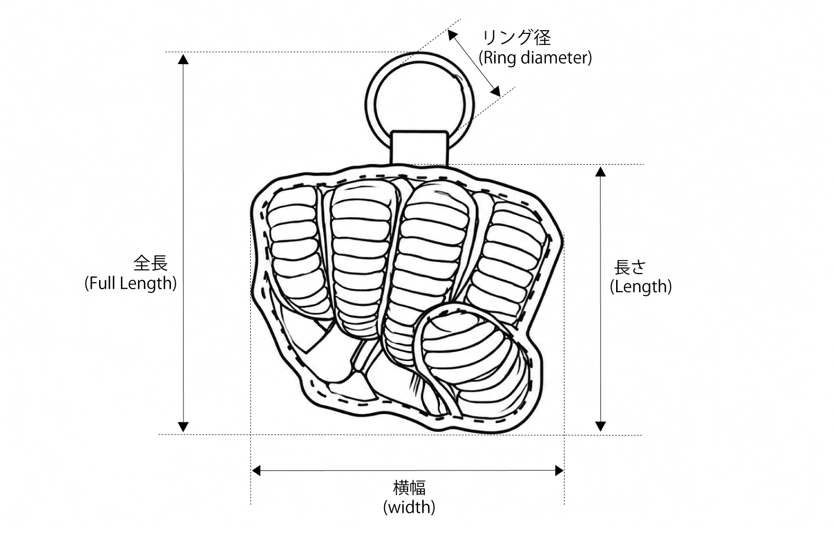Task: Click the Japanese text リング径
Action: click(517, 38)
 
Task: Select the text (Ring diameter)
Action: click(535, 58)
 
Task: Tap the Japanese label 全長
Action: click(151, 263)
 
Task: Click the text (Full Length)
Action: click(131, 283)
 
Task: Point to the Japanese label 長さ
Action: click(630, 267)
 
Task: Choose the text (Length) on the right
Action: click(641, 287)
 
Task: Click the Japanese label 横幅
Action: click(409, 487)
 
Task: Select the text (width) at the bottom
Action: click(409, 507)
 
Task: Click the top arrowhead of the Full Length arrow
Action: click(183, 59)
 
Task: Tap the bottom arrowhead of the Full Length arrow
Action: click(183, 427)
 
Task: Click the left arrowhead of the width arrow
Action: click(256, 471)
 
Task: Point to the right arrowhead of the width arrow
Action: click(559, 471)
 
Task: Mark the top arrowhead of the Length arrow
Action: click(600, 171)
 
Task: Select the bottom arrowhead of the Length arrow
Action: click(600, 426)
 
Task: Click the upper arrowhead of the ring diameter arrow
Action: click(452, 35)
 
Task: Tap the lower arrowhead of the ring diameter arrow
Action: click(496, 92)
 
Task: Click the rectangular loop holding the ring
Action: click(419, 148)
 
